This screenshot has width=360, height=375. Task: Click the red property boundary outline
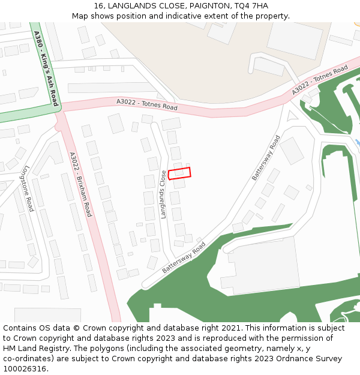(x=179, y=173)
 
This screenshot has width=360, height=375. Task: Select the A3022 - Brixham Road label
(x=80, y=184)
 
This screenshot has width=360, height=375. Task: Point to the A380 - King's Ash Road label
(x=46, y=68)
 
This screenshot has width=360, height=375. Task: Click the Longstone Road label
(x=28, y=188)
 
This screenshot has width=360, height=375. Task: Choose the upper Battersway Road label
(x=266, y=157)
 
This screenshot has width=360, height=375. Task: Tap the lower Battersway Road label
(x=184, y=257)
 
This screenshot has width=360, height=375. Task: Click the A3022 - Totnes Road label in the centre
(x=147, y=105)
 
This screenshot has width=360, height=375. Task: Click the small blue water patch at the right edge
(x=358, y=143)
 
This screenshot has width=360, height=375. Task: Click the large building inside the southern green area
(x=264, y=265)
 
